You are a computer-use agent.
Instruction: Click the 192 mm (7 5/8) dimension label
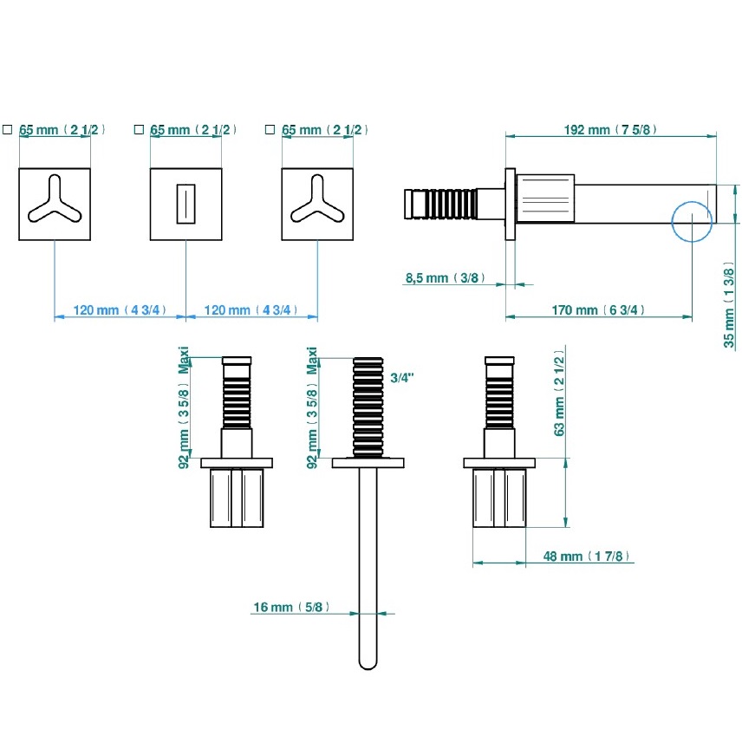(612, 130)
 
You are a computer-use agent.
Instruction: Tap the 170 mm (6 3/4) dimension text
(598, 310)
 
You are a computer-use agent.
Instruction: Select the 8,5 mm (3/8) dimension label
(442, 278)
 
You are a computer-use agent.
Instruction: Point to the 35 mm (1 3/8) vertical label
(729, 305)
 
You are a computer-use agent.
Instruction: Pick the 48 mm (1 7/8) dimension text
(588, 556)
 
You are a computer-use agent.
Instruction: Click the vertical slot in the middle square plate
(185, 205)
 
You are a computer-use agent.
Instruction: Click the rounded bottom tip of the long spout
(368, 663)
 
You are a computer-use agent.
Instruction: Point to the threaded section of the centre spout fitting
(368, 405)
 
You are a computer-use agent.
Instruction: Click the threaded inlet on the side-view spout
(441, 205)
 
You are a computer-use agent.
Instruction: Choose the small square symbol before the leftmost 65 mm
(7, 130)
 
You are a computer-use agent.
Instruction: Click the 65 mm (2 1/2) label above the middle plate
(193, 130)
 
